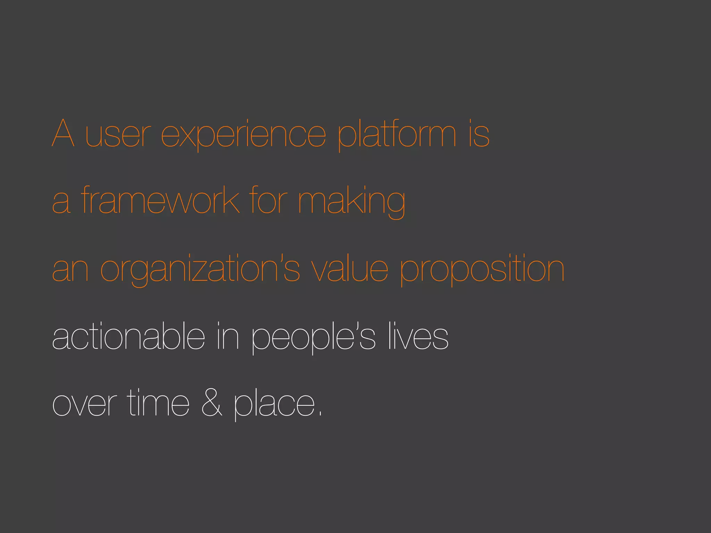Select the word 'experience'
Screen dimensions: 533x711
coord(243,135)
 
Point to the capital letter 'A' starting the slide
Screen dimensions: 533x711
coord(63,133)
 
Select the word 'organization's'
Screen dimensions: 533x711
coord(200,270)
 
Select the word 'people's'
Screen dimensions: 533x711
coord(313,337)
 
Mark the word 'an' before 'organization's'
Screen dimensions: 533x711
coord(70,270)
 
